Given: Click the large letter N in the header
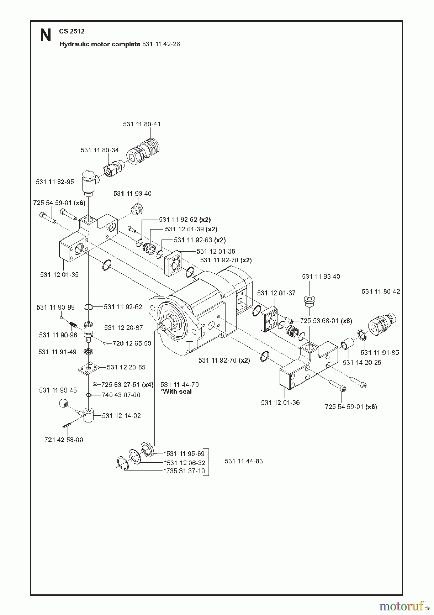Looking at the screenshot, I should [46, 35].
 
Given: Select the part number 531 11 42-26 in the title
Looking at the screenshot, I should [160, 44].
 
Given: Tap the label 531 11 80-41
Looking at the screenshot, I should [142, 124].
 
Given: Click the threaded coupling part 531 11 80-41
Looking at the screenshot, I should [143, 150].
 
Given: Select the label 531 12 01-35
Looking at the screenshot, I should [59, 275].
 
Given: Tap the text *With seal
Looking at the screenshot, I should [176, 392].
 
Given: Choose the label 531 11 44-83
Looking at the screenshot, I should [244, 461].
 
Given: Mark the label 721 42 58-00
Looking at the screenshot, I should [64, 440].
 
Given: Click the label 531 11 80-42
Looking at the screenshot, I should [381, 291].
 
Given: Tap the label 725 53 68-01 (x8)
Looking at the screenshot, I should [326, 321].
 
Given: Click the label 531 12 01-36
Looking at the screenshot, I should [280, 402].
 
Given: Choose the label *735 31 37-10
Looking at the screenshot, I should [185, 471].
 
